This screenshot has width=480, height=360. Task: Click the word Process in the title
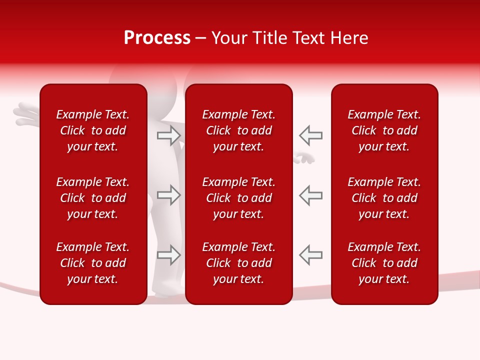[157, 38]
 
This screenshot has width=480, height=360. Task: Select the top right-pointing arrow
[169, 135]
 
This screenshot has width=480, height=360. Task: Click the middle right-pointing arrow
[169, 195]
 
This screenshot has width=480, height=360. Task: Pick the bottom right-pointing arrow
[169, 254]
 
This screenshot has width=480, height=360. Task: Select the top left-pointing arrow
[310, 135]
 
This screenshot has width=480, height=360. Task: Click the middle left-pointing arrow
[310, 195]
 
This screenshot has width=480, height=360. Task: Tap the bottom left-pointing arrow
[310, 254]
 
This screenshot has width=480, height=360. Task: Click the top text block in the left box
[93, 130]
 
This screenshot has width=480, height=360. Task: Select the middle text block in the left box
[93, 198]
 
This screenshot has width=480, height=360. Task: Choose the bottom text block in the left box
[93, 263]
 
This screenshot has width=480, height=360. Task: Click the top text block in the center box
[238, 130]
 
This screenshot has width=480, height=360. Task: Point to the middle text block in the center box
[238, 198]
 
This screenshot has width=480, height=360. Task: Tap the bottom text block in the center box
[238, 263]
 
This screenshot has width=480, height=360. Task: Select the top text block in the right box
[384, 130]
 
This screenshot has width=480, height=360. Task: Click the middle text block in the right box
[384, 198]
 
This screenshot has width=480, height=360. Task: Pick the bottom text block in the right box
[384, 263]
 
